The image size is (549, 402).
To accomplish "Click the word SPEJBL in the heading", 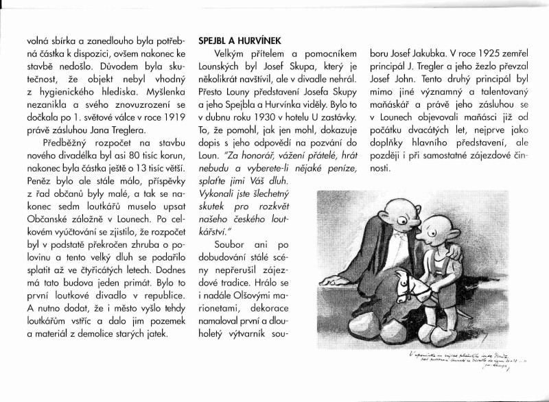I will pos(214,40).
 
